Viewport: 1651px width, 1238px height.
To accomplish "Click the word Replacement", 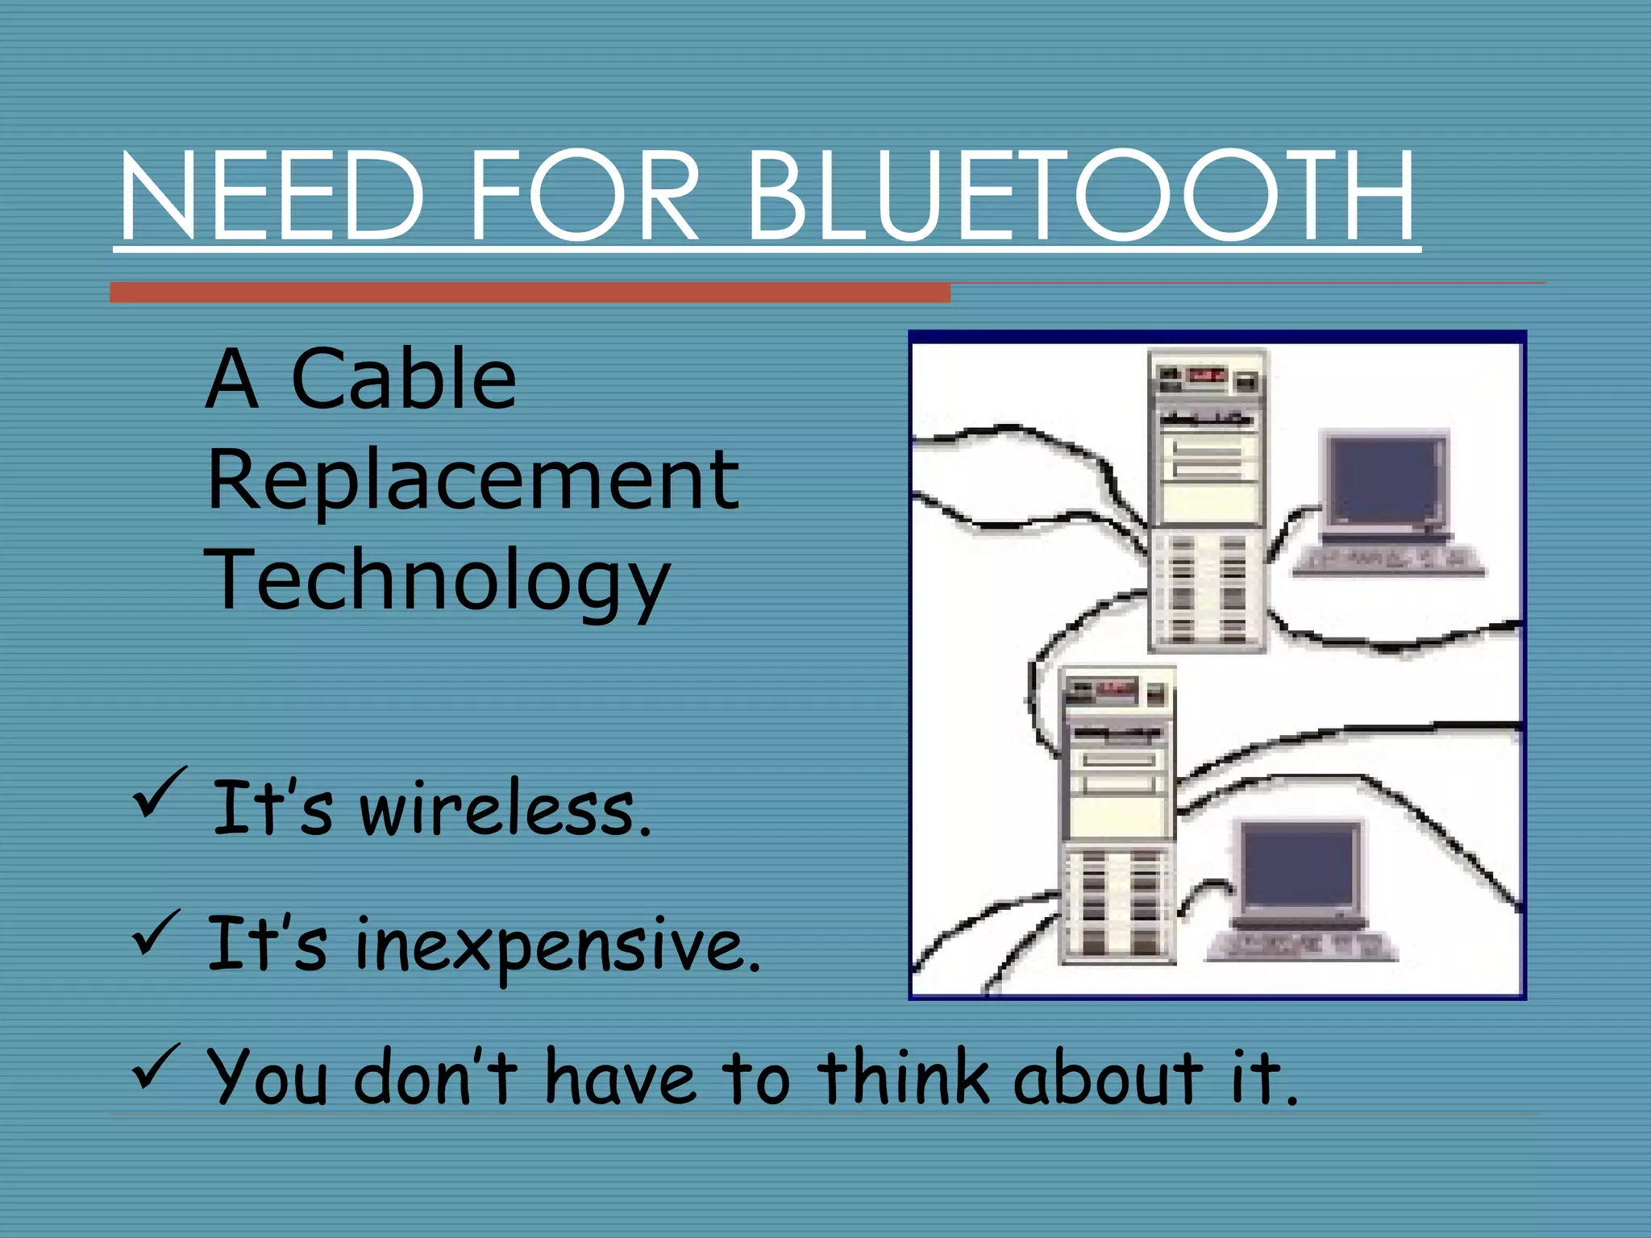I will pyautogui.click(x=472, y=480).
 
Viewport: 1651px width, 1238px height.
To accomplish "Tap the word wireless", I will pyautogui.click(x=505, y=809).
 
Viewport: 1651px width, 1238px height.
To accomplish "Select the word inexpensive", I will pyautogui.click(x=556, y=945).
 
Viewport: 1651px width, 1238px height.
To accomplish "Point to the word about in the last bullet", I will pyautogui.click(x=1108, y=1078).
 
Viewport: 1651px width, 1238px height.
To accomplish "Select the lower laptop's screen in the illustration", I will pyautogui.click(x=1299, y=870).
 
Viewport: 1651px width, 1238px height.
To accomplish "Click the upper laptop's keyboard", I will pyautogui.click(x=1388, y=560).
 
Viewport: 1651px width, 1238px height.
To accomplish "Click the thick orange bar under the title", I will pyautogui.click(x=530, y=293).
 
